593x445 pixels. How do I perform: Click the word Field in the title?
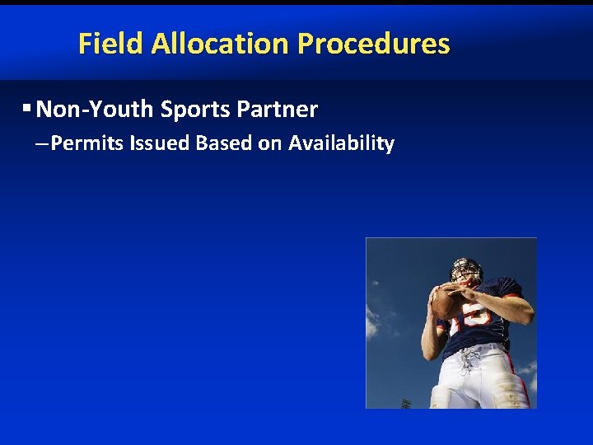pyautogui.click(x=111, y=44)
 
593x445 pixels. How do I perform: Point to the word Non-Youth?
pyautogui.click(x=96, y=109)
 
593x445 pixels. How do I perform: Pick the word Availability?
pyautogui.click(x=342, y=143)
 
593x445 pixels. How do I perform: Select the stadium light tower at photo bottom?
pyautogui.click(x=405, y=403)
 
